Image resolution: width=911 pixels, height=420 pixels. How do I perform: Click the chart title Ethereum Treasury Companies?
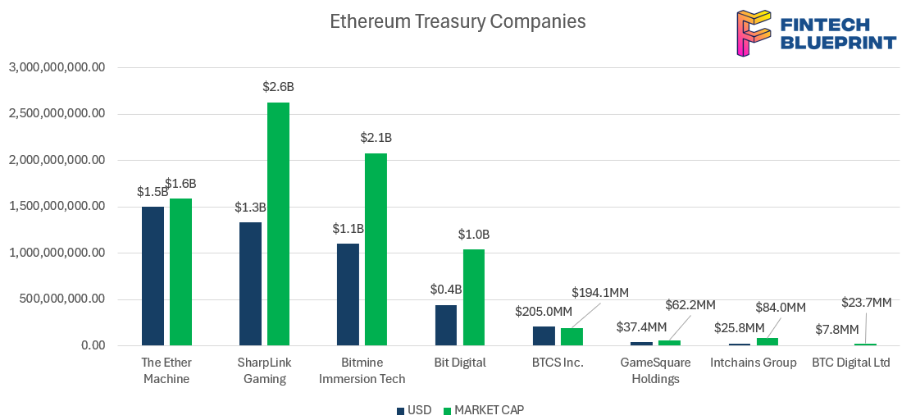(458, 21)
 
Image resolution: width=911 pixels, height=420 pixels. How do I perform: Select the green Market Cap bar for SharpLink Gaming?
(278, 223)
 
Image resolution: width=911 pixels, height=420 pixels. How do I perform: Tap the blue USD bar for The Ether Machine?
(153, 276)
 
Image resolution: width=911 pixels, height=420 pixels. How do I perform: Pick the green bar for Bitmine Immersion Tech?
(376, 249)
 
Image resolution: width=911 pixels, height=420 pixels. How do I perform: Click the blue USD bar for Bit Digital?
(446, 325)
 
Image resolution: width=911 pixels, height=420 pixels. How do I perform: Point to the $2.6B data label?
(278, 86)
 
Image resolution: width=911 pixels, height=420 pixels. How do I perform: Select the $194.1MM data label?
(599, 292)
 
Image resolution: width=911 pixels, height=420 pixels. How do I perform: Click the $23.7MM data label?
(866, 303)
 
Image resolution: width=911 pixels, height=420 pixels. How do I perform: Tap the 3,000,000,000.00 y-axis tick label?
(57, 67)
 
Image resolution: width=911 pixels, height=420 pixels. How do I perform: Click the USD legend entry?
(414, 409)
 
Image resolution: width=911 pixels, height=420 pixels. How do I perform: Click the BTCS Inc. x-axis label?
(558, 363)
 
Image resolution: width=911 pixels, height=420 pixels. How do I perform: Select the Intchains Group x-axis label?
(753, 363)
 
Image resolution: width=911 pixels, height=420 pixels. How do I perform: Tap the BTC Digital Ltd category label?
(850, 363)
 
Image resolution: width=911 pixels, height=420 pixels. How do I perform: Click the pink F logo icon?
(753, 33)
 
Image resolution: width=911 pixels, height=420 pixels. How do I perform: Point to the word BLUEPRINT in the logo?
(838, 43)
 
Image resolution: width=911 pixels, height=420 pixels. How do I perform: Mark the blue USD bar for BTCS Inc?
(544, 336)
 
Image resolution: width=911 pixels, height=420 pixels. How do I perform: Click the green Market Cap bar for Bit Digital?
(474, 297)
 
